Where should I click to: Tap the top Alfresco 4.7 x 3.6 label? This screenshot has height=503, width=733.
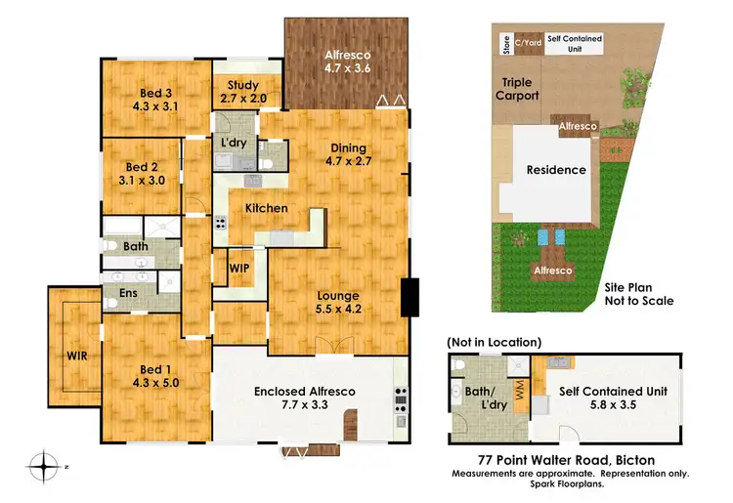click(x=347, y=63)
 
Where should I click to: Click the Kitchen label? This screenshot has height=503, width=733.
click(x=266, y=208)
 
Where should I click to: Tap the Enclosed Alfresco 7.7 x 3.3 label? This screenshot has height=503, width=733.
click(x=304, y=398)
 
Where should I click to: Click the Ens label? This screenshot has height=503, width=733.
click(x=129, y=292)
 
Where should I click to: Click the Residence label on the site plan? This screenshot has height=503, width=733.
click(x=556, y=169)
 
